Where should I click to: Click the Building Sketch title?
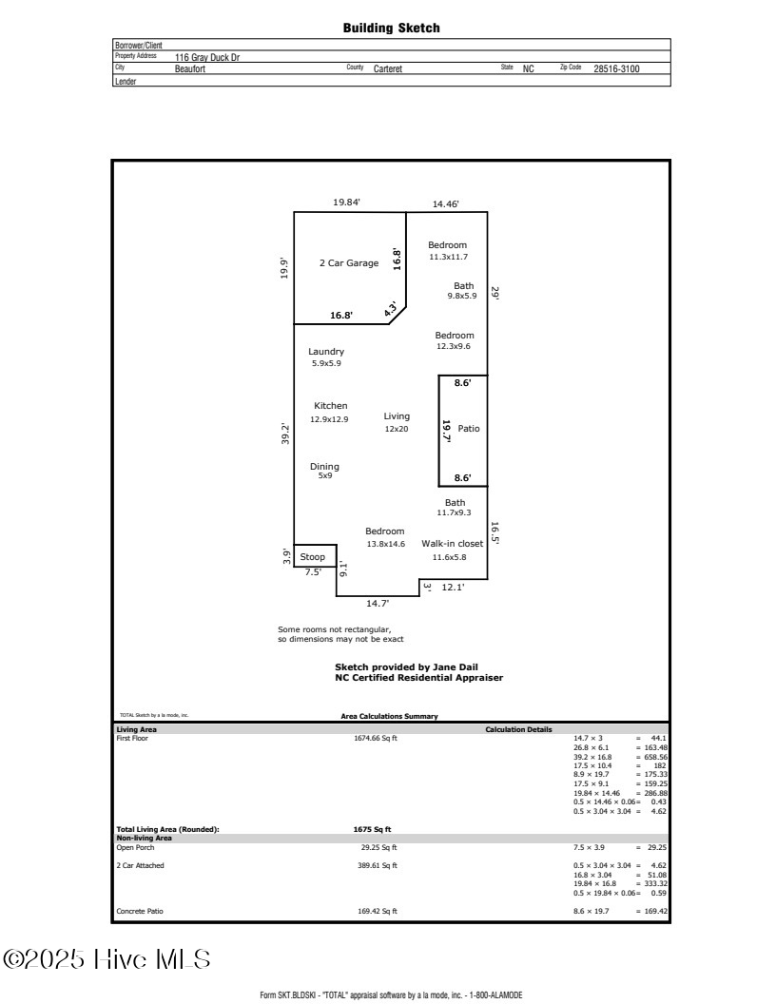coord(391,29)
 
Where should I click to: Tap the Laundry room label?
coord(326,352)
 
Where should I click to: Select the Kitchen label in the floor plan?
coord(330,406)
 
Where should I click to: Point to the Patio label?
coord(469,429)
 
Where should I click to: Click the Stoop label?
coord(313,557)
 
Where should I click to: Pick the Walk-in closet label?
coord(453,544)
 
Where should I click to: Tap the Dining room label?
coord(324,467)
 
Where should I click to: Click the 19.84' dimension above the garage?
coord(347,203)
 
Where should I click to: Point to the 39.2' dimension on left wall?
coord(284,434)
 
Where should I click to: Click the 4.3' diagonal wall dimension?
coord(390,309)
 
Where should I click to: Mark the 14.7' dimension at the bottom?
coord(377,603)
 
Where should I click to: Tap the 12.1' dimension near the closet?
coord(454,588)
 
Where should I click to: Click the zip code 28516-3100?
coord(616,69)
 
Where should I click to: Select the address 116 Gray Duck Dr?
coord(207,57)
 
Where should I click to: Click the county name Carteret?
coord(388,69)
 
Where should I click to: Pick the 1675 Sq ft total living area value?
coord(372,829)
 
